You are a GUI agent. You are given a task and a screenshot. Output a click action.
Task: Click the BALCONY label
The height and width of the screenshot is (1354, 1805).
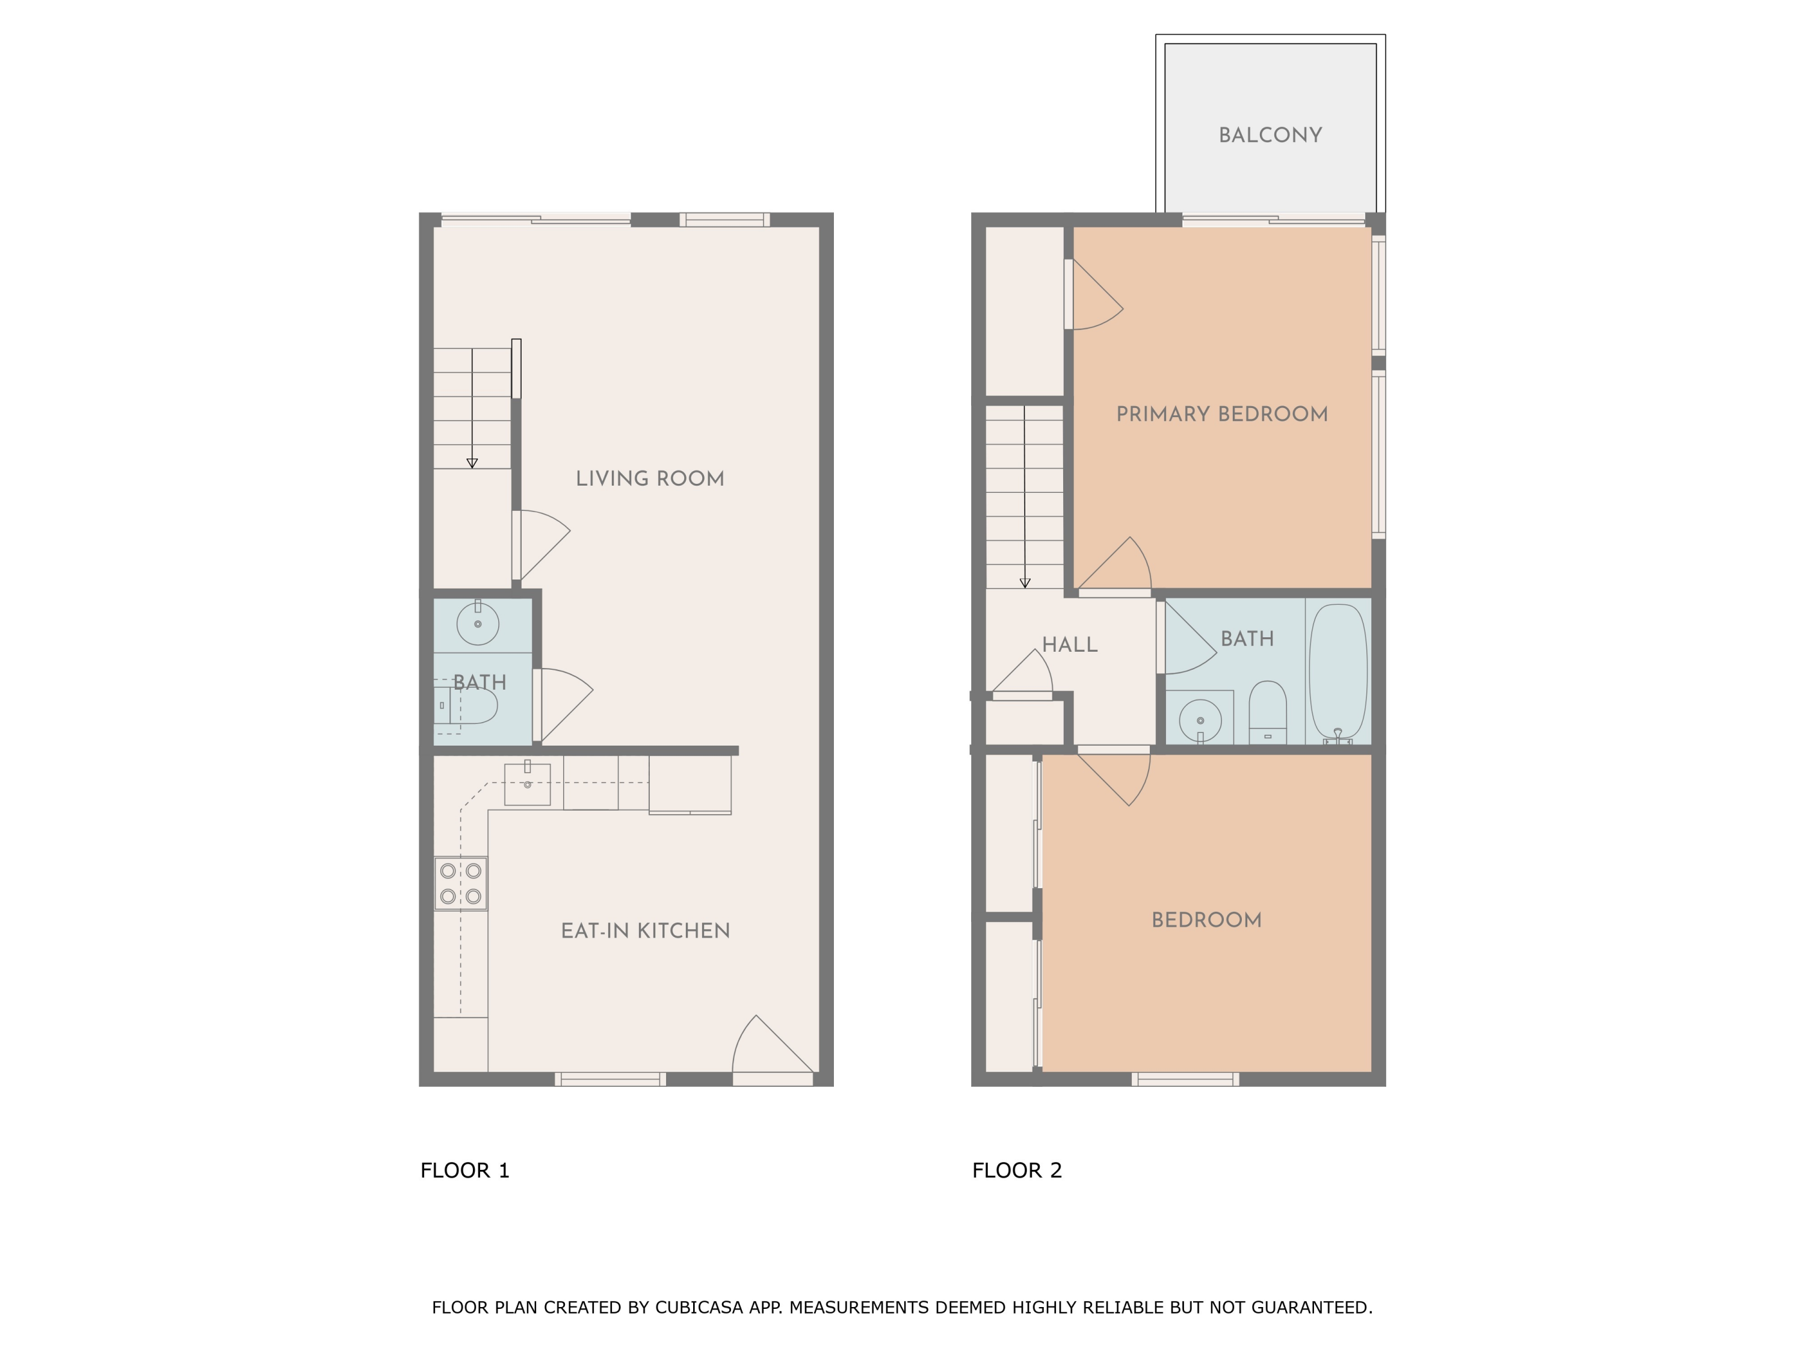point(1270,135)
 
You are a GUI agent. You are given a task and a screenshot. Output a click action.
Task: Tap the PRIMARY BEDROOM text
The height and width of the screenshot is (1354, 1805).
point(1221,415)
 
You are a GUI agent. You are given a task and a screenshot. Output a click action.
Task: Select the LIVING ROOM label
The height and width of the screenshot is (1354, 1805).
point(650,479)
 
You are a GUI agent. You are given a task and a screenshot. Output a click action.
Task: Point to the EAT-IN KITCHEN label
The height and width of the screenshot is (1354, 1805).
point(644,931)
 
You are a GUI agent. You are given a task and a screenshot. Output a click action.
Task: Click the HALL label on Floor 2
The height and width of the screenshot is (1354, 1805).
point(1069,645)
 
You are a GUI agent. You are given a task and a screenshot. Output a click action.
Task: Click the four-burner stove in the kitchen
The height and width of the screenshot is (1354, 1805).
point(460,883)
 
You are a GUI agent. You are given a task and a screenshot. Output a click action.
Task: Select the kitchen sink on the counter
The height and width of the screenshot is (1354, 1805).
point(527,784)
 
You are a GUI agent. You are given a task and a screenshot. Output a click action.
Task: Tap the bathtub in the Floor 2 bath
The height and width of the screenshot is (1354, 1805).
point(1338,673)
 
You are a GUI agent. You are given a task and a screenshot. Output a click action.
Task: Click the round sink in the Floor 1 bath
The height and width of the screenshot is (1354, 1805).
point(477,625)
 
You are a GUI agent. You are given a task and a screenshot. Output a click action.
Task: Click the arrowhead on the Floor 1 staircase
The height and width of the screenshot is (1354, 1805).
point(472,463)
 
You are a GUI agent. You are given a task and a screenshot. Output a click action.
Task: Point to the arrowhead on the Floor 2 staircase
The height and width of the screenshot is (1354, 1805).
point(1025,583)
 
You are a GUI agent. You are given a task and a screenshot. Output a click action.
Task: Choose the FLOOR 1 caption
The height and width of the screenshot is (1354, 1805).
point(464,1170)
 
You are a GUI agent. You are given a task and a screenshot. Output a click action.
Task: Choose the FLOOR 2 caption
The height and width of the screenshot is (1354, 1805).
point(1017,1170)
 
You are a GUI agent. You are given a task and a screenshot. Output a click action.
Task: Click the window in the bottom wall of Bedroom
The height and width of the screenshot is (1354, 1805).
point(1185,1079)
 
